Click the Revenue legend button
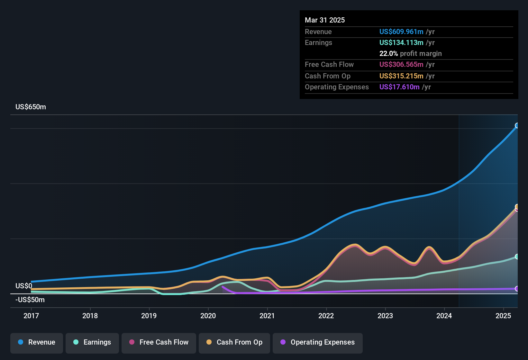tap(37, 343)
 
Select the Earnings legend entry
tap(92, 343)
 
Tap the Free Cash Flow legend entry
tap(159, 343)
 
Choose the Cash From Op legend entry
tap(234, 343)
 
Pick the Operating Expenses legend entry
tap(318, 343)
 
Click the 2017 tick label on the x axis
tap(31, 316)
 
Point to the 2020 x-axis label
tap(208, 316)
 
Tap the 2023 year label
tap(385, 316)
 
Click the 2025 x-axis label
tap(503, 316)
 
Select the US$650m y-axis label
tap(31, 107)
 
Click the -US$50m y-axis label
tap(30, 300)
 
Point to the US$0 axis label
tap(24, 286)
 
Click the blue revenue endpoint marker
tap(517, 125)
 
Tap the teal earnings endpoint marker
tap(517, 256)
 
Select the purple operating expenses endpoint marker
tap(517, 289)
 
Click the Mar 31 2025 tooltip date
tap(325, 20)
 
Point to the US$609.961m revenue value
tap(401, 32)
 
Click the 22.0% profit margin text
tap(410, 54)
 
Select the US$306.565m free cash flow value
tap(401, 65)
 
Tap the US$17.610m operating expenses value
tap(399, 87)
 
